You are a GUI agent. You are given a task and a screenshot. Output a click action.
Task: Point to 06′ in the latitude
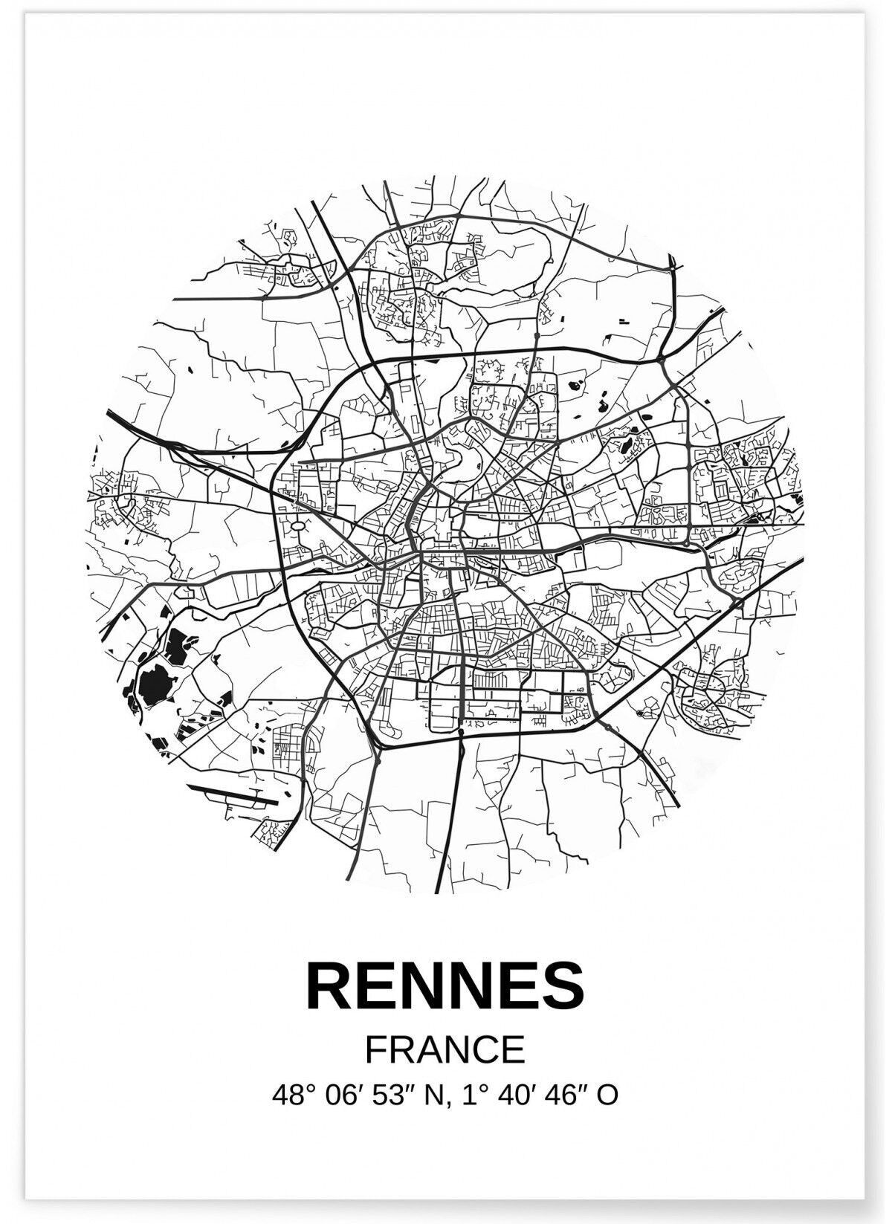pyautogui.click(x=340, y=1095)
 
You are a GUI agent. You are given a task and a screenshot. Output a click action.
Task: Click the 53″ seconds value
pyautogui.click(x=387, y=1095)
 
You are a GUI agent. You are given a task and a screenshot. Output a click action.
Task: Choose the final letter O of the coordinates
pyautogui.click(x=607, y=1095)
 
